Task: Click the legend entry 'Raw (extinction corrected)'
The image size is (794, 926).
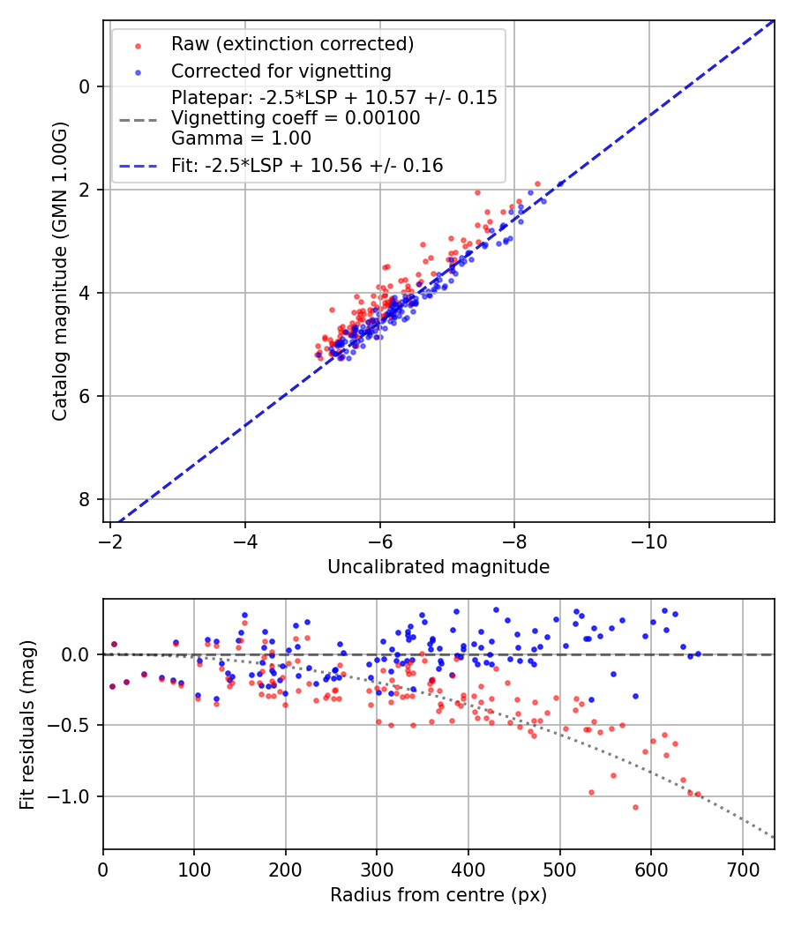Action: (x=292, y=44)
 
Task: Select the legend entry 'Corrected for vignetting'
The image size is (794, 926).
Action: (x=281, y=71)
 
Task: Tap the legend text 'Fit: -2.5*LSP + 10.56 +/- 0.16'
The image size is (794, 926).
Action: (x=307, y=165)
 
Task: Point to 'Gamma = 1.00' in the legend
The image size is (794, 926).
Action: (x=241, y=138)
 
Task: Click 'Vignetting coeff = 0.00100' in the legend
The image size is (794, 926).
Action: (x=296, y=118)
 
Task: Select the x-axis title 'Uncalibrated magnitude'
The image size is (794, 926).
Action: (x=438, y=567)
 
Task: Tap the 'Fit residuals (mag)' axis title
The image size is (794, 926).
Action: (x=26, y=724)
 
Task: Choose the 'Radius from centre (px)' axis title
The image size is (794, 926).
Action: (x=438, y=895)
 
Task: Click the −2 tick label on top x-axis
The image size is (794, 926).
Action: (x=110, y=540)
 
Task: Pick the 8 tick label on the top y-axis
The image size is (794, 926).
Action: (x=85, y=499)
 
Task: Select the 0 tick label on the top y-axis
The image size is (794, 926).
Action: (x=85, y=86)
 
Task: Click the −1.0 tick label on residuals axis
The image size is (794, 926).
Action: (x=74, y=797)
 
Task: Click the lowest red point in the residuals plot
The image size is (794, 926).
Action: (x=634, y=807)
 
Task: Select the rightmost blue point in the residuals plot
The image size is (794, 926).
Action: (x=698, y=653)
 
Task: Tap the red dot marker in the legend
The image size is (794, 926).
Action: (x=138, y=44)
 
